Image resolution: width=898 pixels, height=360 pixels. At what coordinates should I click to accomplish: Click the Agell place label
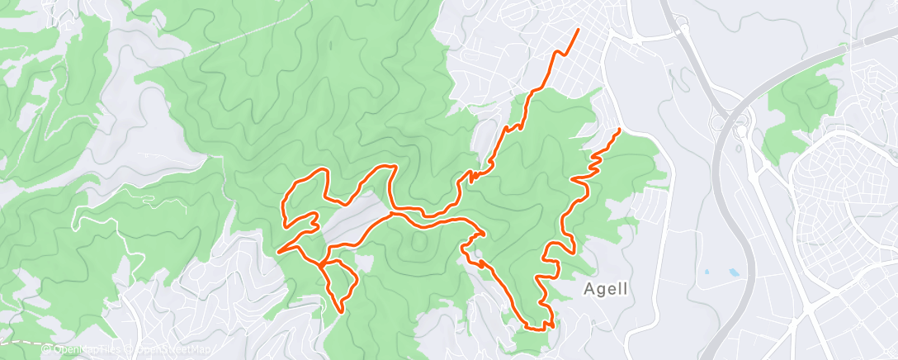(606, 289)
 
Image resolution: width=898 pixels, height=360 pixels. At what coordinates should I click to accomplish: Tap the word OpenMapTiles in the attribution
(87, 349)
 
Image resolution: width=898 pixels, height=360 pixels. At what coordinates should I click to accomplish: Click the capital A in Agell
(589, 289)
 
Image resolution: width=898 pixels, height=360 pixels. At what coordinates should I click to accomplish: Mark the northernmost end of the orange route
(577, 30)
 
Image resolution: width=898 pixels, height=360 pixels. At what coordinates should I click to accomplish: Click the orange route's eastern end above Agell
(619, 130)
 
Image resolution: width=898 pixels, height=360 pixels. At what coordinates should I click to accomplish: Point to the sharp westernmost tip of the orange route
(277, 251)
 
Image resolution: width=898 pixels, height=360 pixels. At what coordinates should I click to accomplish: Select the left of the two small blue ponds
(707, 271)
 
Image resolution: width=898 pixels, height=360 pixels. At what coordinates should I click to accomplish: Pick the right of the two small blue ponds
(733, 271)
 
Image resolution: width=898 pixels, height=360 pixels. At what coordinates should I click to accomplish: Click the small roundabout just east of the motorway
(741, 130)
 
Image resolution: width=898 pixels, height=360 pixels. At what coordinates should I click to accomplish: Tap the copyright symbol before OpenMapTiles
(46, 349)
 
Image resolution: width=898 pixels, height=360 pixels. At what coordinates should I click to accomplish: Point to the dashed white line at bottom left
(21, 341)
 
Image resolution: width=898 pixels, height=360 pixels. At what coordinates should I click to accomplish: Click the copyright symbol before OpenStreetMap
(130, 349)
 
